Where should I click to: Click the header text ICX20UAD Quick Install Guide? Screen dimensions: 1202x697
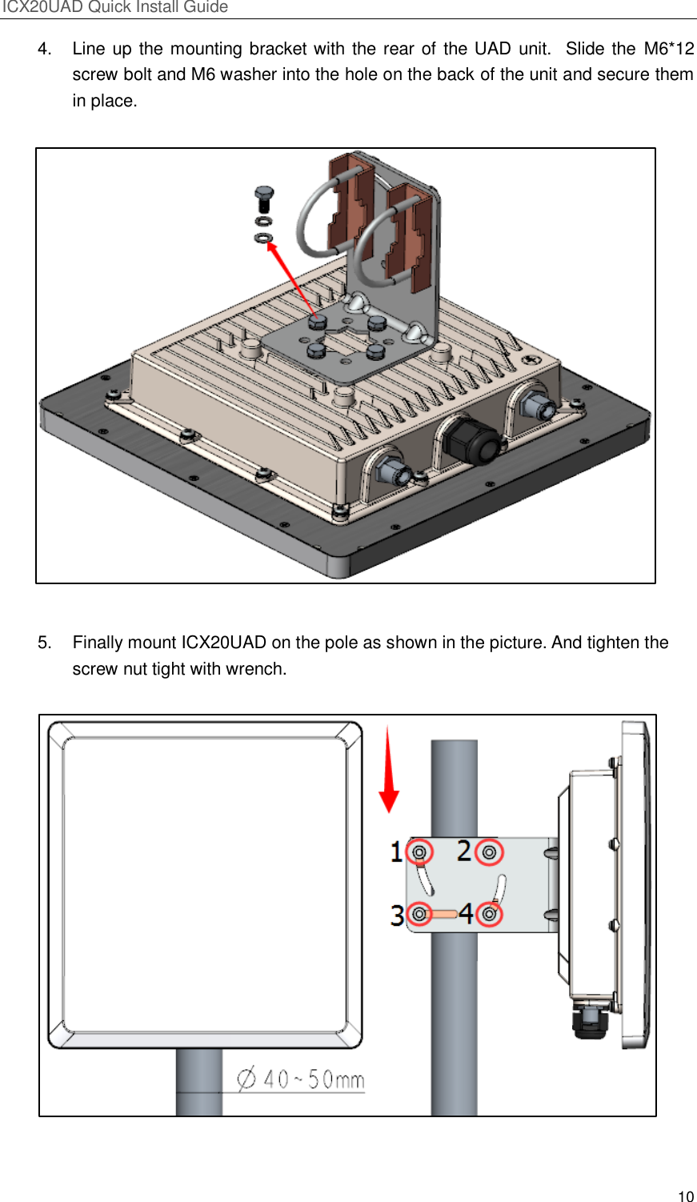(x=115, y=7)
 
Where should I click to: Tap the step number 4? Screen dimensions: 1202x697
(x=45, y=49)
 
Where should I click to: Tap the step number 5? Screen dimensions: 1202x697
(x=45, y=643)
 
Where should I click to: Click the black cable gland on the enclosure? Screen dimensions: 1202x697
(x=472, y=441)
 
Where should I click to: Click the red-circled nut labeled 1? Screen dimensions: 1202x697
(x=419, y=853)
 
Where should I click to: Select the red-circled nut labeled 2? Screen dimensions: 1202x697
(x=489, y=853)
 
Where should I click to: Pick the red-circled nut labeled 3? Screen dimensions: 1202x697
(x=419, y=914)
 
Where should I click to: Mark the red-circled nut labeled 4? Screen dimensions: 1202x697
(x=489, y=914)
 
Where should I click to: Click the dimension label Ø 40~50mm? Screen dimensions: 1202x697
(x=301, y=1080)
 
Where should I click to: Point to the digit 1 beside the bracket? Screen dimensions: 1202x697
(x=396, y=851)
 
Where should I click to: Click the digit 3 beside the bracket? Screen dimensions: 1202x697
(x=397, y=915)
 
